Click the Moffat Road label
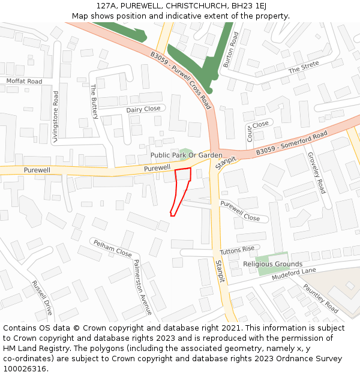click(x=25, y=81)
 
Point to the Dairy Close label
click(x=143, y=109)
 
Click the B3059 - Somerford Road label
click(x=292, y=143)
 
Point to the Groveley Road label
click(x=316, y=173)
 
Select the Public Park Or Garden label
click(x=186, y=155)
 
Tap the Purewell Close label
click(x=240, y=211)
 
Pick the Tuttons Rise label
click(x=237, y=250)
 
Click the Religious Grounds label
click(x=272, y=264)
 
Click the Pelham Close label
click(x=111, y=248)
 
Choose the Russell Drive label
click(x=43, y=298)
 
